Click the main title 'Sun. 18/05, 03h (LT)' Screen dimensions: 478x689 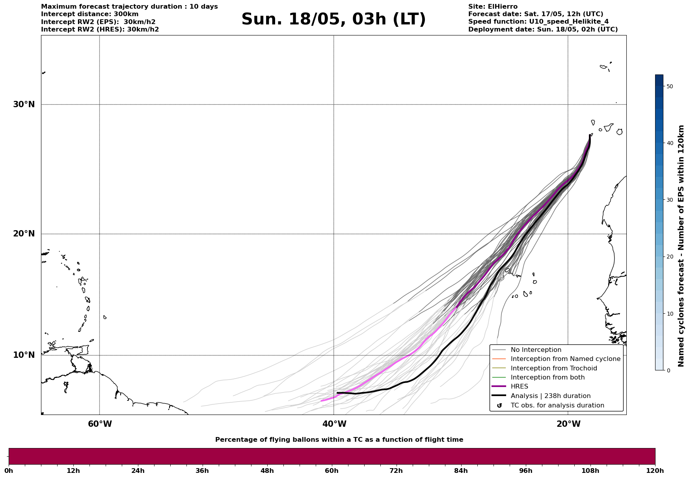click(x=333, y=19)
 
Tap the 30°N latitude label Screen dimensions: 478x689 click(x=24, y=104)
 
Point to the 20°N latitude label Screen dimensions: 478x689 click(x=24, y=234)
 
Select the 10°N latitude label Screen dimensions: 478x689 click(x=24, y=355)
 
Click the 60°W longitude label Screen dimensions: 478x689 click(x=100, y=424)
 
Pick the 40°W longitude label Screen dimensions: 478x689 click(x=334, y=424)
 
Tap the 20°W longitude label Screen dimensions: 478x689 click(x=568, y=424)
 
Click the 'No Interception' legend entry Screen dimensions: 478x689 click(x=536, y=350)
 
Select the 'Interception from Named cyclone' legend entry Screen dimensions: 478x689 click(x=565, y=359)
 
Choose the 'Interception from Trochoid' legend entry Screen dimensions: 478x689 click(x=553, y=368)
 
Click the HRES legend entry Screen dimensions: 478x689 click(x=519, y=387)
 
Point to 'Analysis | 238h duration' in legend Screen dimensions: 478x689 click(x=550, y=396)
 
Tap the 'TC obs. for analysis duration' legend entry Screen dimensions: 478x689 click(x=557, y=405)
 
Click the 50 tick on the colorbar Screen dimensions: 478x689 click(x=669, y=86)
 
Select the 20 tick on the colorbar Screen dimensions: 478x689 click(x=669, y=257)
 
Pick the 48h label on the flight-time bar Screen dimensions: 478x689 click(x=267, y=471)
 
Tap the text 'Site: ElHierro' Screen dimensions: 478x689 click(x=493, y=7)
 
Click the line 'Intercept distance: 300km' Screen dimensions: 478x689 click(x=90, y=14)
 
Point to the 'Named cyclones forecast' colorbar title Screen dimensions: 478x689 click(x=681, y=246)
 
